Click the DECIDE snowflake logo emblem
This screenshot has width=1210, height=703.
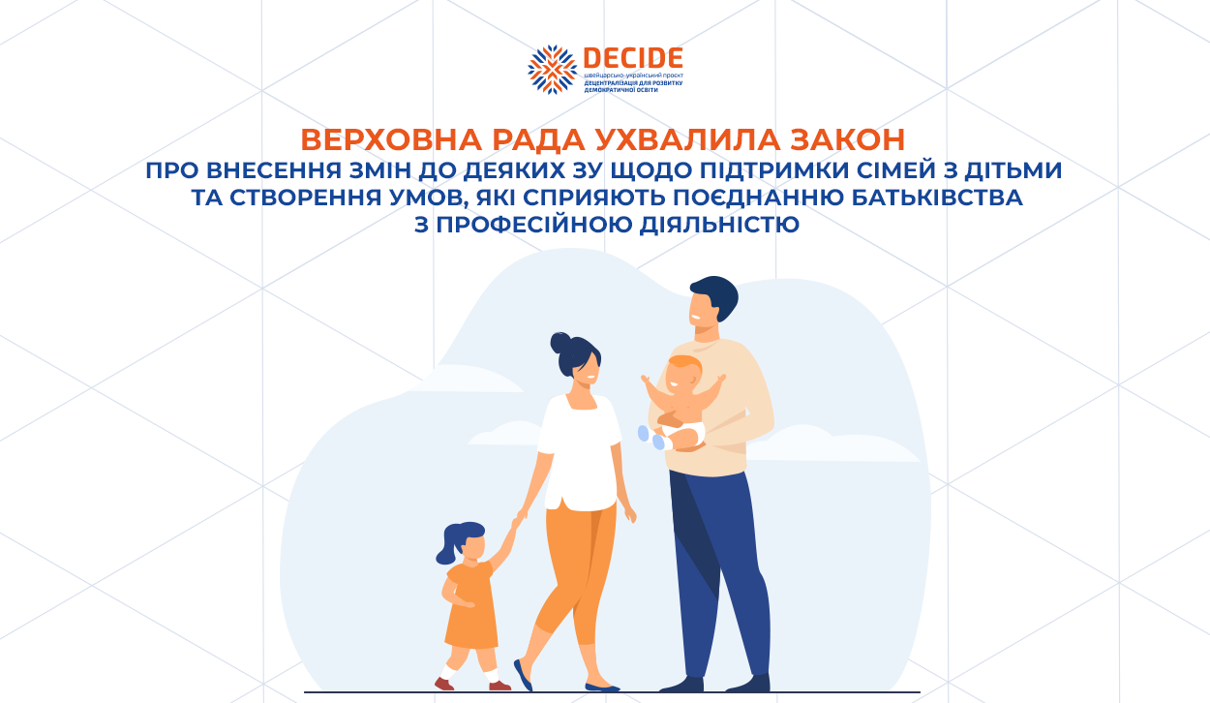552,70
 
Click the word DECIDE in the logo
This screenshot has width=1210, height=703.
633,58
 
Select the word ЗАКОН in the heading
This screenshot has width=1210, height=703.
847,140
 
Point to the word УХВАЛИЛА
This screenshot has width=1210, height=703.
687,140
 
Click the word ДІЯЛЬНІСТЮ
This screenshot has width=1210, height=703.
719,225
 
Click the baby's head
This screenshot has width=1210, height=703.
683,374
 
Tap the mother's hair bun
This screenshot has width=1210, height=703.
560,343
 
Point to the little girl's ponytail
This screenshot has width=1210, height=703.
447,547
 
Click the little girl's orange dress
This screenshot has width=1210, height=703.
470,605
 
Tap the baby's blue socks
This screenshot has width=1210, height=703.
650,438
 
